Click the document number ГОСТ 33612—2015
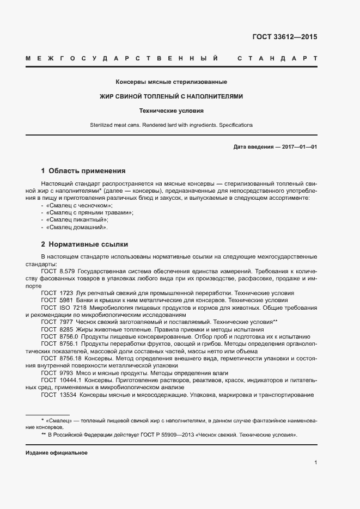[x=284, y=37]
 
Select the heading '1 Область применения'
[x=83, y=170]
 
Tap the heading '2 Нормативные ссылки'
[x=84, y=244]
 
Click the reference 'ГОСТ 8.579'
[x=57, y=271]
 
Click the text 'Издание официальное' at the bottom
[x=56, y=453]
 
